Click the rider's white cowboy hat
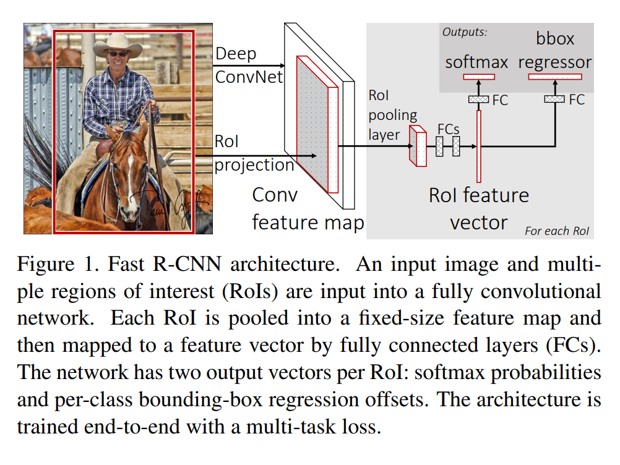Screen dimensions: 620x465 (118, 45)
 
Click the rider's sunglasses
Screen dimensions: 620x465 (118, 54)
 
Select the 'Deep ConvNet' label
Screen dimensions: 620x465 (249, 65)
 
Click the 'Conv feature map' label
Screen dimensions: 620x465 (308, 208)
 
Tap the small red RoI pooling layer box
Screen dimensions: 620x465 (418, 146)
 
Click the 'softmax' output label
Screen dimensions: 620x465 (476, 62)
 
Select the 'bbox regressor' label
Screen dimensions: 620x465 (555, 51)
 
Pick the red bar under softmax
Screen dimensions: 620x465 (479, 77)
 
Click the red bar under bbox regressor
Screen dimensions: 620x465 (555, 77)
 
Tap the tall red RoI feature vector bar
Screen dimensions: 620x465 (479, 146)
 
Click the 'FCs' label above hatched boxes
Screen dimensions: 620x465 (448, 129)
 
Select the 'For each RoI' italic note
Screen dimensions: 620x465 (557, 231)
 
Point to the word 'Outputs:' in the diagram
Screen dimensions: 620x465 (465, 32)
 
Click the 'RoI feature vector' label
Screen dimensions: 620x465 (479, 209)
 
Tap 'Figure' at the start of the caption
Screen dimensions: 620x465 (46, 265)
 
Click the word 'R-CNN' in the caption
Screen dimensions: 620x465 (187, 264)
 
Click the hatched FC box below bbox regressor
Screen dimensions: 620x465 (554, 99)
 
